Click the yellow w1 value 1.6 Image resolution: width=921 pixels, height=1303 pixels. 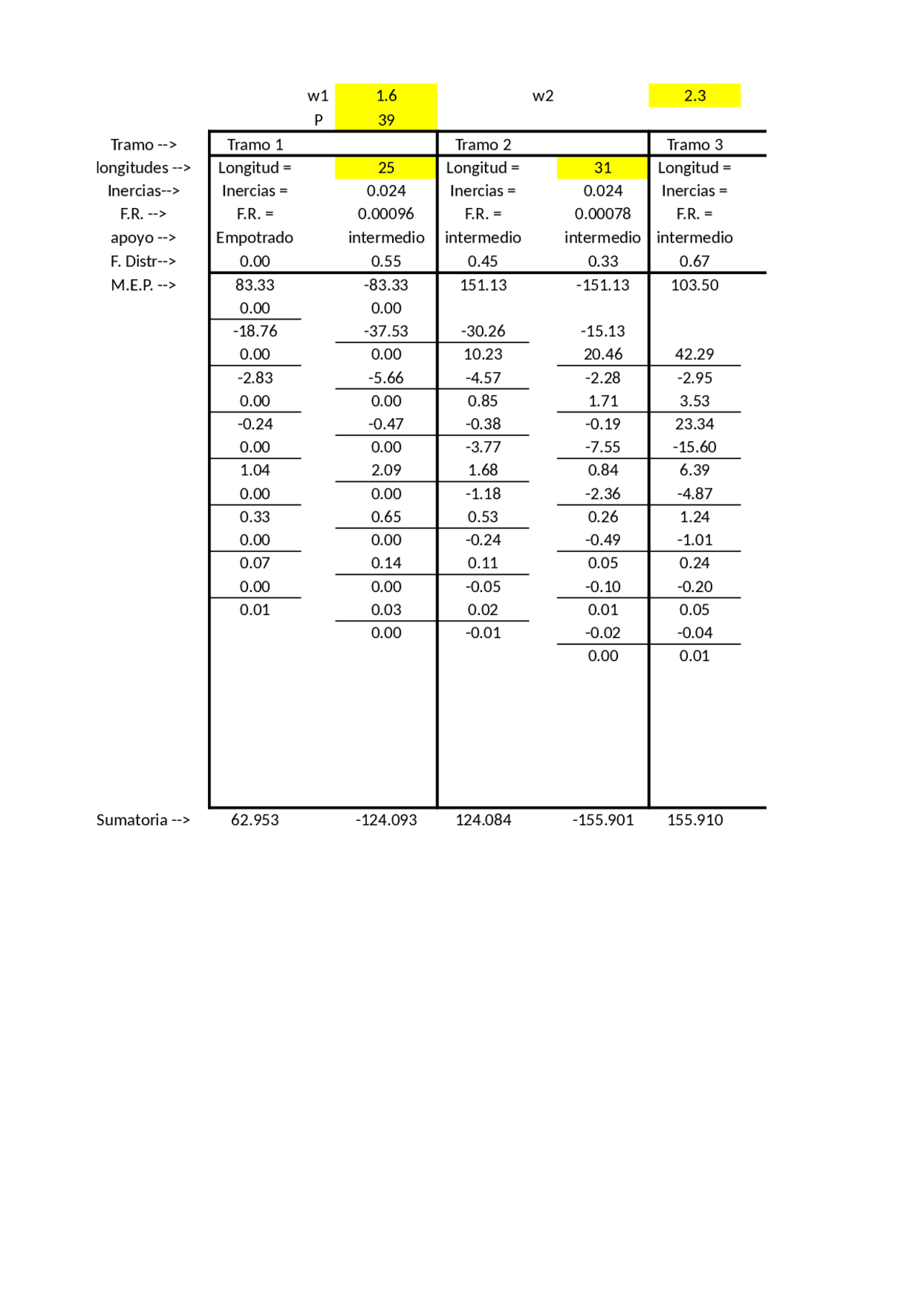click(x=386, y=96)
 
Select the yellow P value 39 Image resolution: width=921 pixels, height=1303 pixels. click(x=386, y=120)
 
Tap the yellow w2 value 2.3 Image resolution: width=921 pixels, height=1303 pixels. click(x=694, y=96)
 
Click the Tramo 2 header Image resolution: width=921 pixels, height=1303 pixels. click(x=483, y=145)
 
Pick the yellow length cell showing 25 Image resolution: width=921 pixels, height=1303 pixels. click(x=386, y=168)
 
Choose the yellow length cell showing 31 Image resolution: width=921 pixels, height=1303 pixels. click(x=602, y=168)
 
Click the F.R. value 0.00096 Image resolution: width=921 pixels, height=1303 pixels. click(x=386, y=214)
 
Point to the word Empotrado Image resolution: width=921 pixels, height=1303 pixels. click(x=255, y=237)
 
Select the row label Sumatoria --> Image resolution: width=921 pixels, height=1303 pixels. click(x=143, y=820)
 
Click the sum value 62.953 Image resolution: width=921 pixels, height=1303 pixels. click(x=255, y=820)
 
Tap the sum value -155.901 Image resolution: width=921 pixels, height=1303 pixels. click(x=602, y=820)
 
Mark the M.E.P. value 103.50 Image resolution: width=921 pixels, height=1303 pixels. click(x=694, y=285)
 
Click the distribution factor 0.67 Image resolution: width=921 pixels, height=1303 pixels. click(x=694, y=261)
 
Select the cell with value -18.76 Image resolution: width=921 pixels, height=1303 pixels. click(x=255, y=331)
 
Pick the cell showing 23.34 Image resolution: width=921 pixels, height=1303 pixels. click(x=694, y=424)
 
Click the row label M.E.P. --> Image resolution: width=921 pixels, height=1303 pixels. click(x=143, y=285)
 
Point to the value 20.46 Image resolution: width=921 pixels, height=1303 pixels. click(x=602, y=354)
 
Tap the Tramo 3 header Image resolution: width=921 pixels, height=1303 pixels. click(x=694, y=145)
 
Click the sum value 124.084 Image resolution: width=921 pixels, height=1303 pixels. click(x=483, y=820)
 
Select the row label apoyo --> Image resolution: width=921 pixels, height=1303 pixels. click(x=143, y=237)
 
